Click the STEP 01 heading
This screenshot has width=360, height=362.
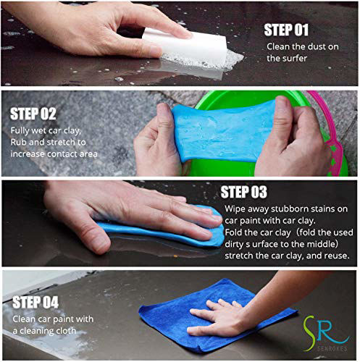click(287, 30)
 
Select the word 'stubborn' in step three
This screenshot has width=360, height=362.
click(285, 209)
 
